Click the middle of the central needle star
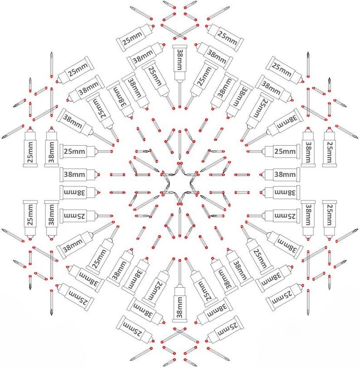point(180,183)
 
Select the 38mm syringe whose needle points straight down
point(180,75)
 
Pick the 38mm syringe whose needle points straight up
point(180,291)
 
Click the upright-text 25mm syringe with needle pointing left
point(273,151)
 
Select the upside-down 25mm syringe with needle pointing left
point(273,216)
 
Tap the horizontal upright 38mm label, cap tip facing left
point(280,175)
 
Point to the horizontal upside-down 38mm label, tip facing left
point(280,192)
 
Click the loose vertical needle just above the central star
point(180,145)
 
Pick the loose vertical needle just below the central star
point(180,222)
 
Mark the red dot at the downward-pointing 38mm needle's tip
point(180,107)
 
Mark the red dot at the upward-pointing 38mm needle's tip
point(180,260)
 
